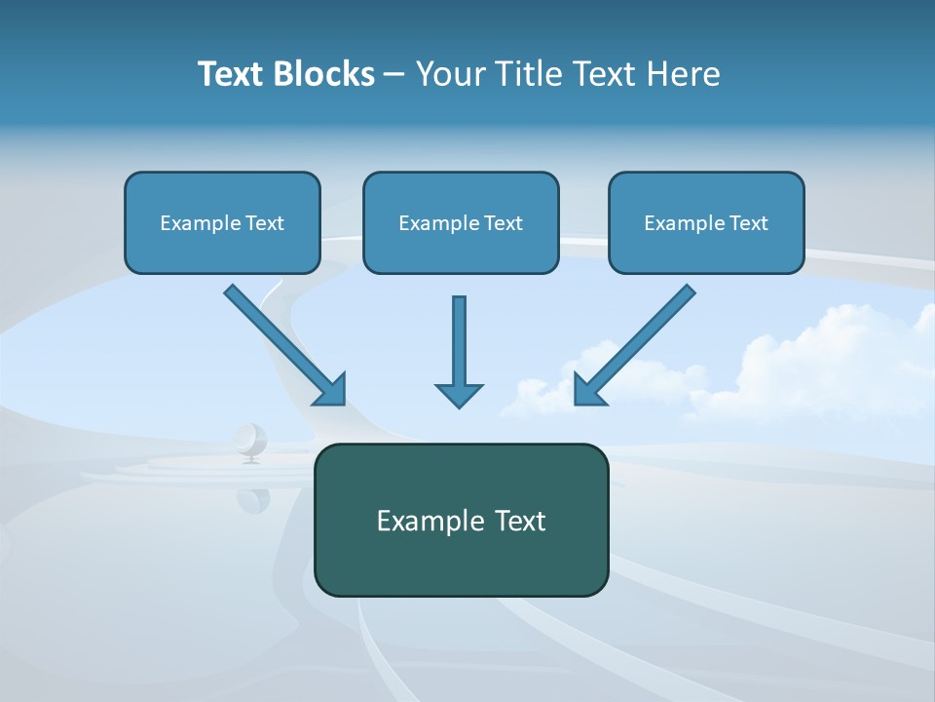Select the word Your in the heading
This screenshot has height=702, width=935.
tap(450, 74)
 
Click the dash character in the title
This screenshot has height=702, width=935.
tap(394, 75)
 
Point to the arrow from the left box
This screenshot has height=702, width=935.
tap(282, 341)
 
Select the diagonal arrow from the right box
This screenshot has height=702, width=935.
tap(638, 341)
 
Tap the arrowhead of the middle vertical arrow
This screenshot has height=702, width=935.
tap(459, 395)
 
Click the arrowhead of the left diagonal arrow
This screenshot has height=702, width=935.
tap(331, 390)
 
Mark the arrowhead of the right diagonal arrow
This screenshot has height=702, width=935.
tap(588, 390)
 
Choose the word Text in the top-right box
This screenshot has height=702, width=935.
tap(749, 223)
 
